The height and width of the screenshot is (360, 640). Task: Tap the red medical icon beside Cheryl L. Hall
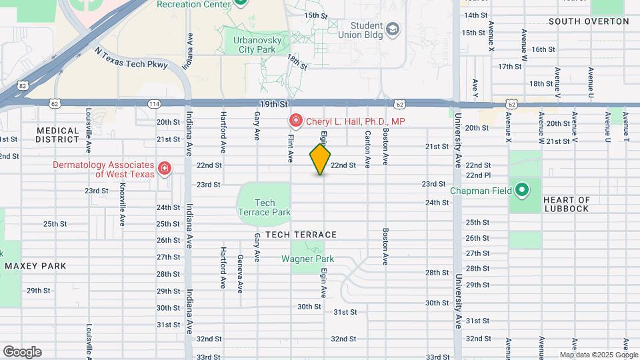294,121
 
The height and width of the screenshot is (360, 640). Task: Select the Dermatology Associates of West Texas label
105,169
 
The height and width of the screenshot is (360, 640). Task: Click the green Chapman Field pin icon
523,191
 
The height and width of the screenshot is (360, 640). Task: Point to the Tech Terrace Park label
265,207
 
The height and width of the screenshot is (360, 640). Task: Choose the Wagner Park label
307,259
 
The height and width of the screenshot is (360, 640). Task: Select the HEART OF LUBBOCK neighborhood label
567,204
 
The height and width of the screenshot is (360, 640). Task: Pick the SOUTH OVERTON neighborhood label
589,21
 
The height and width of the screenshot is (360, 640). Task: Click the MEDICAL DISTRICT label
58,135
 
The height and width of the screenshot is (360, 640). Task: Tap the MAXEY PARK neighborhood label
36,266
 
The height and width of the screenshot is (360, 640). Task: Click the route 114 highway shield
155,104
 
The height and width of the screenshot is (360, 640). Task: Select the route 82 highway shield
23,85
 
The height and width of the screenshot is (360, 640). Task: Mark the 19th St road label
273,105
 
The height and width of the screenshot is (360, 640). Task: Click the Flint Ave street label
291,147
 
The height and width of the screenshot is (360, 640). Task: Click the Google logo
22,351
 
